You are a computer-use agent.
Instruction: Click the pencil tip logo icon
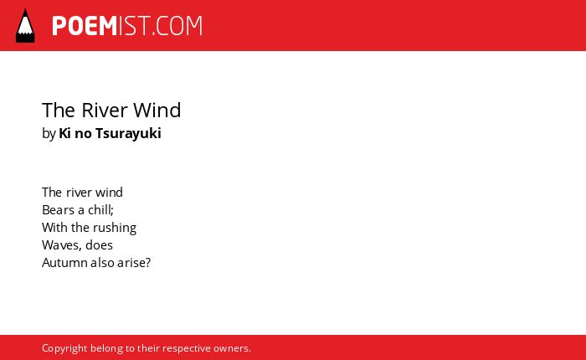[x=25, y=26]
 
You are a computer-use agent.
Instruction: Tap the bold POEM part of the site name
[x=85, y=26]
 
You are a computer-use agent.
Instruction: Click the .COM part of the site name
[x=177, y=26]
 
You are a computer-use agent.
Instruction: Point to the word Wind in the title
[x=157, y=111]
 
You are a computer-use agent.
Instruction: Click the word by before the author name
[x=49, y=133]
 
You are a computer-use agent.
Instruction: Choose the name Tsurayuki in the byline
[x=128, y=133]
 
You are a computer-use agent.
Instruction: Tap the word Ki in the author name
[x=64, y=133]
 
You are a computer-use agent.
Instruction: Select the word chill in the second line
[x=99, y=210]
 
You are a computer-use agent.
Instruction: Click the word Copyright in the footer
[x=64, y=348]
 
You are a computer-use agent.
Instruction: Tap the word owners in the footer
[x=230, y=348]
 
